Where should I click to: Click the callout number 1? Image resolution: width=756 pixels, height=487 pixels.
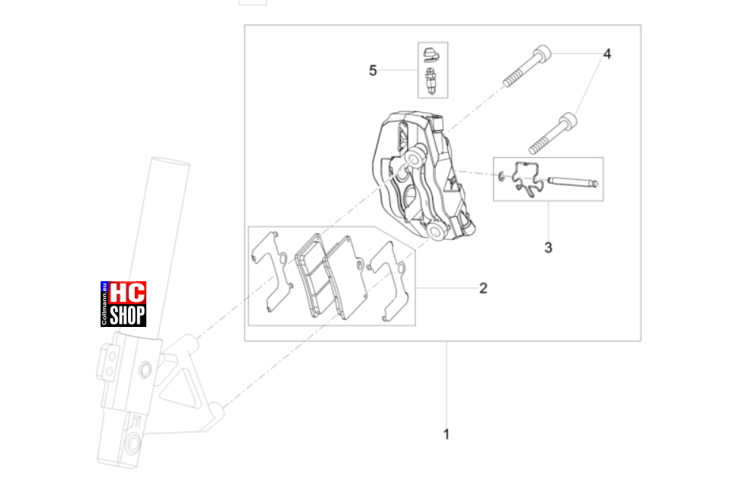click(x=446, y=434)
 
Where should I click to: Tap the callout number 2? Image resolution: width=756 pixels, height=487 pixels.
click(x=483, y=288)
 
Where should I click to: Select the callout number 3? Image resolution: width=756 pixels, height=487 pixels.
click(x=548, y=248)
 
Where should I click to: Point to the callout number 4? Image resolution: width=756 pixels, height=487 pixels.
click(x=607, y=54)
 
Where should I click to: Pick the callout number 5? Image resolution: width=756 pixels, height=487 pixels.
click(x=373, y=70)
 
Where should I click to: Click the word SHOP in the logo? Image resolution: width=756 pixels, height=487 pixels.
click(x=127, y=316)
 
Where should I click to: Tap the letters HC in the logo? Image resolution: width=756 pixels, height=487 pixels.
click(x=127, y=293)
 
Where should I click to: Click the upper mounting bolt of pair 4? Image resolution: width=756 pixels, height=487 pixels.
click(x=527, y=66)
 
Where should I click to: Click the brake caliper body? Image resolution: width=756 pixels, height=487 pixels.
click(x=423, y=176)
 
